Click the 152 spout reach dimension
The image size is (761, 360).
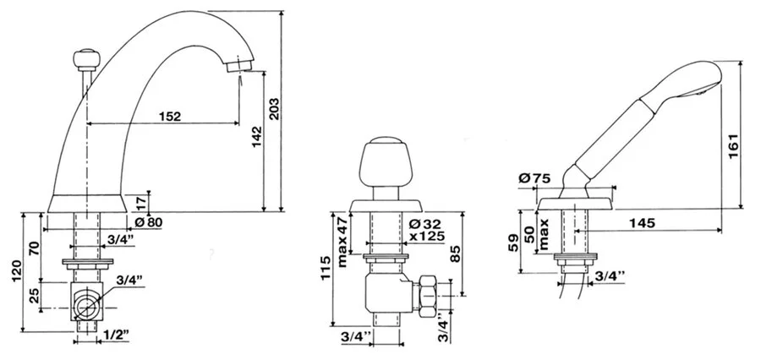click(x=170, y=117)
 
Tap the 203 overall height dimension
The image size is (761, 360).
click(x=274, y=110)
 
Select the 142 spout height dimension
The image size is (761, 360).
click(x=257, y=138)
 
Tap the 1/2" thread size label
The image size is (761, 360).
click(x=116, y=335)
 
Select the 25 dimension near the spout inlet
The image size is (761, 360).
click(x=35, y=296)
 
